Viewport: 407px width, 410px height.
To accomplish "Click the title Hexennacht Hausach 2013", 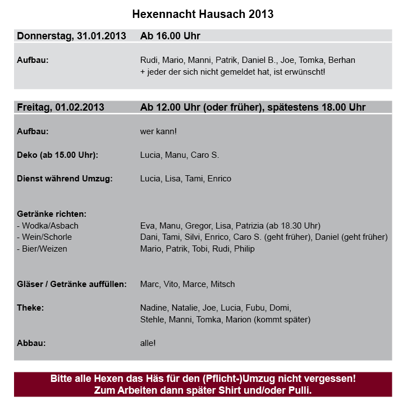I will [x=203, y=13].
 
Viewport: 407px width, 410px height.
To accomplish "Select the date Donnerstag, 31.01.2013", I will [x=71, y=37].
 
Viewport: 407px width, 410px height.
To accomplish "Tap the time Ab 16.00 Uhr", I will [x=170, y=37].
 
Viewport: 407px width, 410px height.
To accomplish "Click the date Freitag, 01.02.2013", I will [x=61, y=107].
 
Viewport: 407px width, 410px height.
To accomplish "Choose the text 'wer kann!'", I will [x=158, y=131].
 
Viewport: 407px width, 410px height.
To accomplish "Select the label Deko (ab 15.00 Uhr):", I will [x=61, y=155].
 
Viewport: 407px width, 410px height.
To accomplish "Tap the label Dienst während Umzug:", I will [x=65, y=179].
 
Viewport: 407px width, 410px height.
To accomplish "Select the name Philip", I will [x=244, y=249].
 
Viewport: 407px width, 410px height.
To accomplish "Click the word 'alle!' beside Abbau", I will [x=148, y=343].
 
